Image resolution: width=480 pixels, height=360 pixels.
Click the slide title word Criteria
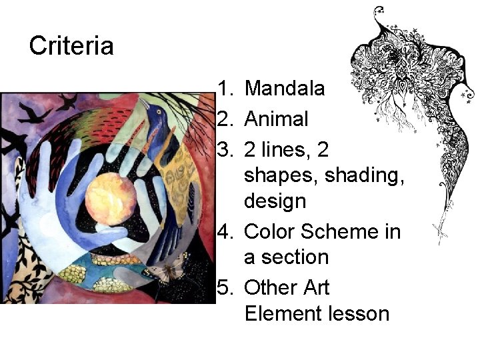(x=71, y=46)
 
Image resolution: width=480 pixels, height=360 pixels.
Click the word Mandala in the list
(x=285, y=88)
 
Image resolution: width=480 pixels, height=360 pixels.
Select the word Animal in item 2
(x=276, y=119)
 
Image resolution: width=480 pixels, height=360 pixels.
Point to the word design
(x=275, y=200)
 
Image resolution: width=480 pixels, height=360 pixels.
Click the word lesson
(x=361, y=313)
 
